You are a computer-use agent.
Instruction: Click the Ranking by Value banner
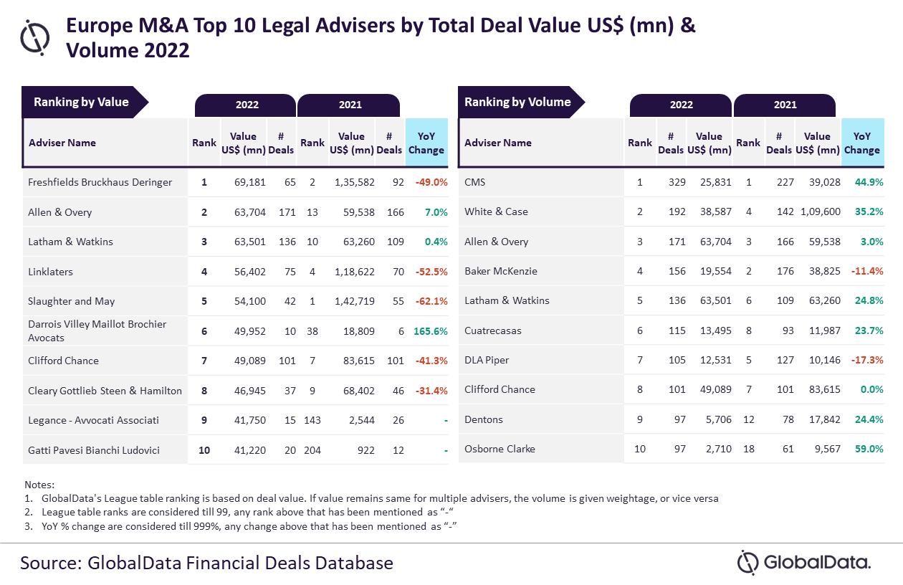(x=81, y=102)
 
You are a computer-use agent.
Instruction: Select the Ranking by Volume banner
(x=517, y=102)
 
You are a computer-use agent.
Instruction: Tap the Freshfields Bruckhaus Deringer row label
(x=100, y=182)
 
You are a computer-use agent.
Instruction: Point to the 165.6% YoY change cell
(x=430, y=330)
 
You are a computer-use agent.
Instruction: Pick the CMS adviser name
(x=474, y=182)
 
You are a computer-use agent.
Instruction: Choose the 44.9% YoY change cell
(x=869, y=182)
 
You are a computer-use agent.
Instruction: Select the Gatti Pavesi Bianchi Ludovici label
(x=93, y=450)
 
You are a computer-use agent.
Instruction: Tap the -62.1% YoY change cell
(x=431, y=301)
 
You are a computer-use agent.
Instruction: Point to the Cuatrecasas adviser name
(x=492, y=330)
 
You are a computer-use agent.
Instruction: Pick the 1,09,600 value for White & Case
(x=817, y=211)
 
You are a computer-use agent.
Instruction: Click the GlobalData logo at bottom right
(x=804, y=562)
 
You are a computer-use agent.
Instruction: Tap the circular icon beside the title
(x=35, y=37)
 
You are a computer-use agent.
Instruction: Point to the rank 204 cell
(x=312, y=450)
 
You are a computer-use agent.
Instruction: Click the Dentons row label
(x=484, y=419)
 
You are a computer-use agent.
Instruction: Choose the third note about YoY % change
(x=244, y=526)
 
